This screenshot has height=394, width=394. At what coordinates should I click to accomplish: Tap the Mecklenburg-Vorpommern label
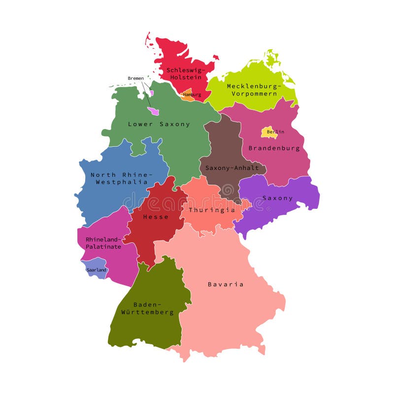pyautogui.click(x=253, y=90)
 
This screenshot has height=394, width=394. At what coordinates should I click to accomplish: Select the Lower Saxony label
pyautogui.click(x=159, y=124)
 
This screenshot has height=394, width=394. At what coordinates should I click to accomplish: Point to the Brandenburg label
pyautogui.click(x=274, y=148)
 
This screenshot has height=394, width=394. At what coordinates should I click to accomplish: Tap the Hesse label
pyautogui.click(x=156, y=217)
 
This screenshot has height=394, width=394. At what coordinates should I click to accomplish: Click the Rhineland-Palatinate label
pyautogui.click(x=103, y=243)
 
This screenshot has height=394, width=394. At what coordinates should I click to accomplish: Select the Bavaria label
pyautogui.click(x=226, y=284)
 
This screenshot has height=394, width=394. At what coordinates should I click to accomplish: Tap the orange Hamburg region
pyautogui.click(x=188, y=95)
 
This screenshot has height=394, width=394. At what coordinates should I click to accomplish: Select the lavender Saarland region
pyautogui.click(x=94, y=268)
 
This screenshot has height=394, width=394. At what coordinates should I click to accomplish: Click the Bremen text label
pyautogui.click(x=136, y=78)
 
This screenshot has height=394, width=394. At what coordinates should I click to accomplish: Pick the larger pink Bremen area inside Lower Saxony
pyautogui.click(x=153, y=111)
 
